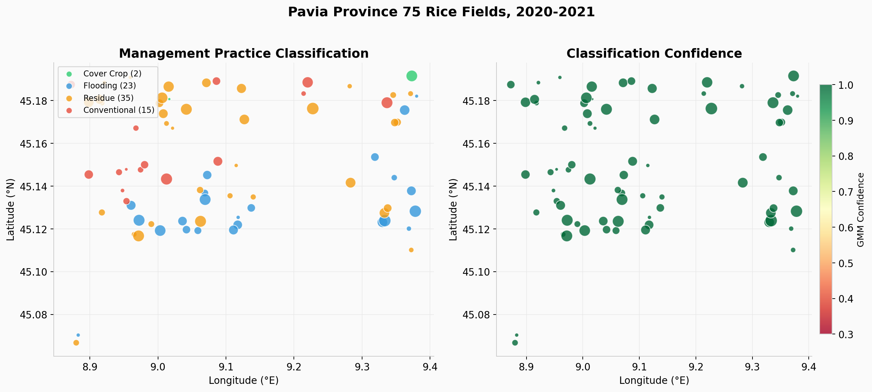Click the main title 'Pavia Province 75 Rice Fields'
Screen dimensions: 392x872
[x=441, y=12]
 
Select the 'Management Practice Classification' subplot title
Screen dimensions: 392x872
[x=244, y=53]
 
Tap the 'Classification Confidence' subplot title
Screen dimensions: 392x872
[x=654, y=53]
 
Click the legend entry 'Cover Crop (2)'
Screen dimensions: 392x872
[x=112, y=74]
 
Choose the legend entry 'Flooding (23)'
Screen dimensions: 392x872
[x=109, y=86]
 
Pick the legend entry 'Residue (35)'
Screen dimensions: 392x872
[x=108, y=98]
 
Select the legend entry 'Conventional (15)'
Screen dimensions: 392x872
[x=118, y=110]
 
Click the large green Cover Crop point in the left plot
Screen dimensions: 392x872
[x=412, y=76]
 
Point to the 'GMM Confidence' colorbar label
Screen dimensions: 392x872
[x=861, y=210]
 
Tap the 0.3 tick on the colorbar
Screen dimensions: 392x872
[x=845, y=334]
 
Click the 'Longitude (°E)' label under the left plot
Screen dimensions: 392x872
[x=244, y=381]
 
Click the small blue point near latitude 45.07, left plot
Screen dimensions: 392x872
[x=78, y=335]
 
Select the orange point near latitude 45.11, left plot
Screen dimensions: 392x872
[x=411, y=250]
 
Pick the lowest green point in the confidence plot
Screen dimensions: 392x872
[x=515, y=343]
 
